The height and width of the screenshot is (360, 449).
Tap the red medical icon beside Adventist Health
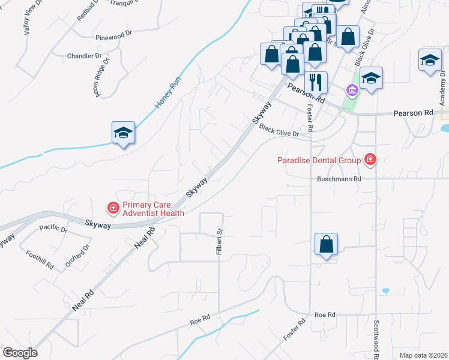click(112, 208)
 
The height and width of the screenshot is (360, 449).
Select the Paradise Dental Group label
click(319, 160)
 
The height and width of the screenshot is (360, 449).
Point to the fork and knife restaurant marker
click(315, 81)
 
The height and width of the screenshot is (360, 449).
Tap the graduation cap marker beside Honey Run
click(123, 133)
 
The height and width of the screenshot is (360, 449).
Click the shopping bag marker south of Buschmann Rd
click(326, 244)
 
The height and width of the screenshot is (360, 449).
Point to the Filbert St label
click(219, 241)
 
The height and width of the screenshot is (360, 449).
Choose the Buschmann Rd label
click(340, 179)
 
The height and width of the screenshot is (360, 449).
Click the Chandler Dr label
click(81, 55)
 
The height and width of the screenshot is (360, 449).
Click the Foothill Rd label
click(40, 259)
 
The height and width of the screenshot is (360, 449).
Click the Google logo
click(20, 353)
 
